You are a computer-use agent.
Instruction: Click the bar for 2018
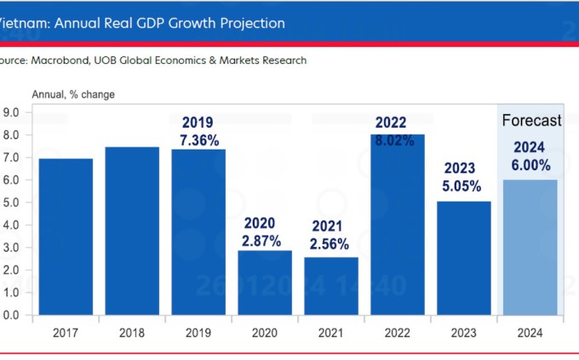click(132, 231)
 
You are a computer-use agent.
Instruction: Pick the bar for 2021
click(331, 286)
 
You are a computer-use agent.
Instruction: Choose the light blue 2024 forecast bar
click(530, 247)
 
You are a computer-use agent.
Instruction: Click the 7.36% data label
click(198, 139)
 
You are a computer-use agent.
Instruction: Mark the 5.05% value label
click(462, 186)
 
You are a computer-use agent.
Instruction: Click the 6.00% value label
click(530, 165)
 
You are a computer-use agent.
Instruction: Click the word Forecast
click(530, 121)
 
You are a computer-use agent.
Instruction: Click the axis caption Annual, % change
click(73, 94)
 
